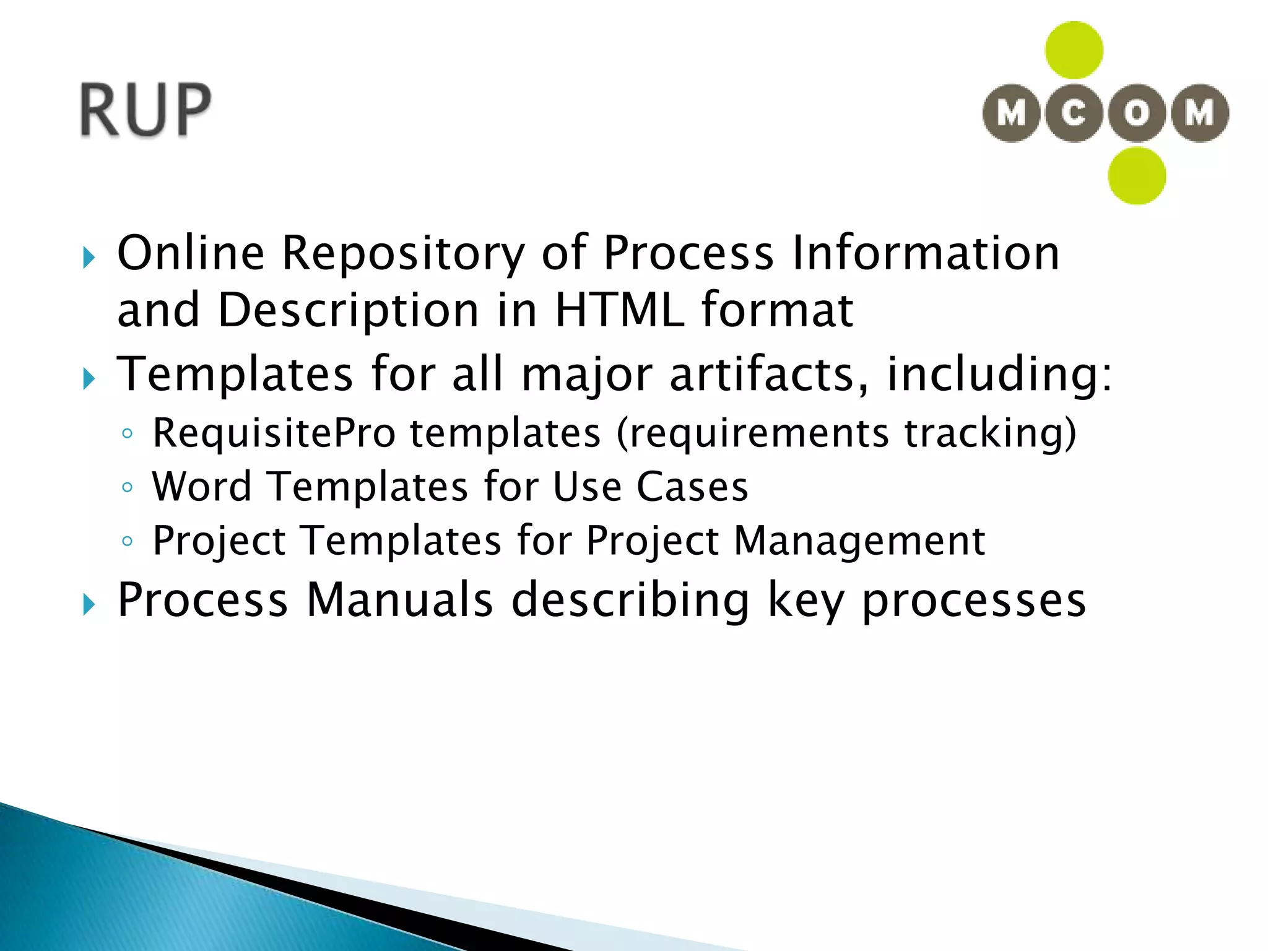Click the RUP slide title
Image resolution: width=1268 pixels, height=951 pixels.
tap(145, 110)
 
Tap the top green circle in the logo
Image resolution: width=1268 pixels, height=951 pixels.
tap(1074, 50)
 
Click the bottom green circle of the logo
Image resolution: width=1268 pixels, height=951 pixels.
tap(1137, 176)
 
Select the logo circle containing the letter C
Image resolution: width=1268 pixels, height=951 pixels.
tap(1074, 113)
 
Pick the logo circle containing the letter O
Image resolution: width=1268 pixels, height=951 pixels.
tap(1137, 113)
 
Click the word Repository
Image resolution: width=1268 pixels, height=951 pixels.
tap(403, 254)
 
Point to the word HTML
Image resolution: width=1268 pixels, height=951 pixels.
tap(620, 310)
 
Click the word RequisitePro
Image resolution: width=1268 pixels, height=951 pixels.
tap(274, 433)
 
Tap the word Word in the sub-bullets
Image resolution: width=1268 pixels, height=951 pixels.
tap(202, 487)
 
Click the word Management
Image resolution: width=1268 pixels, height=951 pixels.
tap(859, 541)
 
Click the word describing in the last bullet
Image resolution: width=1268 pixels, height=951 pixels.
tap(631, 601)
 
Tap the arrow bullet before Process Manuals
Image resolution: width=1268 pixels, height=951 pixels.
tap(89, 604)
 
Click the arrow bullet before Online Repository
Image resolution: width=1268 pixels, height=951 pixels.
tap(89, 258)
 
